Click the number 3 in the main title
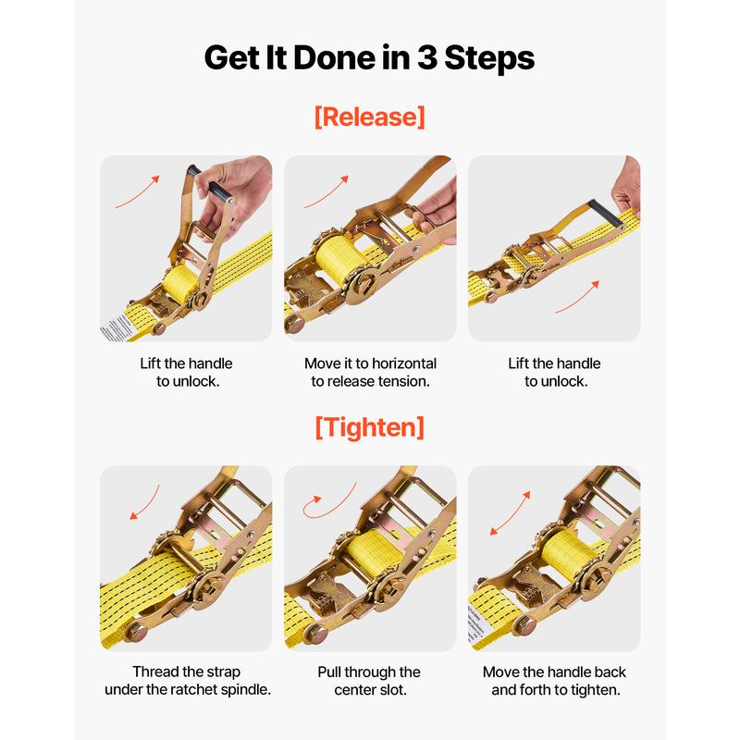point(427,58)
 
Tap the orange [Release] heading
point(369,117)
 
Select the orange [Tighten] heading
point(369,427)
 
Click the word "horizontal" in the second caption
point(404,364)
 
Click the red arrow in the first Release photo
point(137,192)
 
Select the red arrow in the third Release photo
point(576,297)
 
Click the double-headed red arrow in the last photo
point(510,513)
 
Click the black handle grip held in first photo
point(218,191)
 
